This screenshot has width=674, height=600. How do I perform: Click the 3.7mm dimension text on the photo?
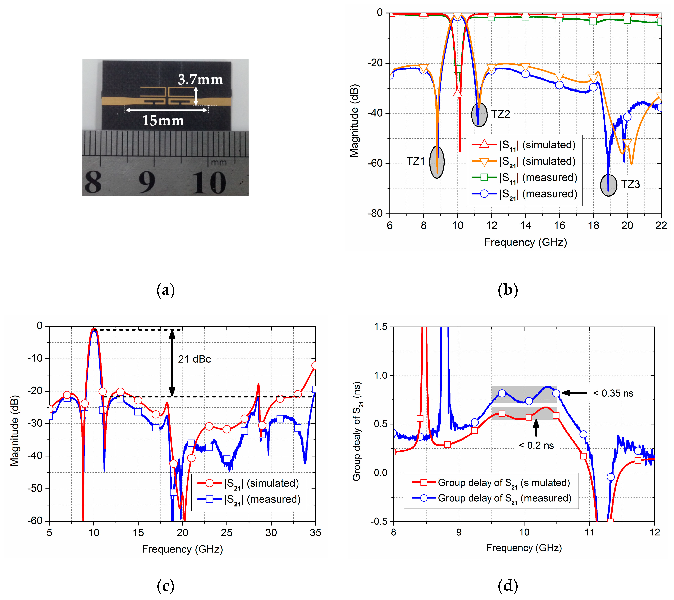[200, 80]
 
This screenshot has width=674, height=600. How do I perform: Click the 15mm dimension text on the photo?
[163, 121]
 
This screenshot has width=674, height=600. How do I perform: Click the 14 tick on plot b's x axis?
[525, 226]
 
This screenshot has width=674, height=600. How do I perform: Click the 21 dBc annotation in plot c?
[194, 359]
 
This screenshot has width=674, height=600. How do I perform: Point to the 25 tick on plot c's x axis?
[226, 533]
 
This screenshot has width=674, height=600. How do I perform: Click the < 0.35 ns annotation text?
[613, 393]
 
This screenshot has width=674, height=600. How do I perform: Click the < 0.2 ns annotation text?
[536, 445]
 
